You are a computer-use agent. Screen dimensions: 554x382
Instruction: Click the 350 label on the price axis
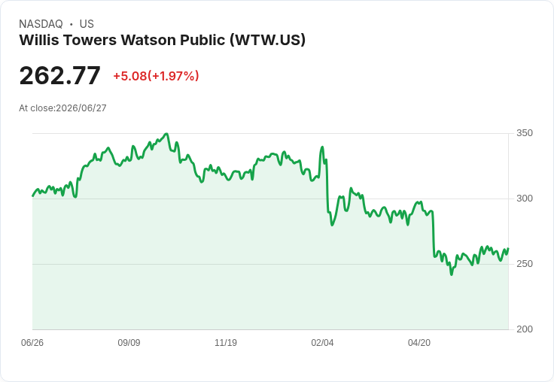click(x=525, y=133)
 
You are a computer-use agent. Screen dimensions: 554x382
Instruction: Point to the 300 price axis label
click(x=525, y=199)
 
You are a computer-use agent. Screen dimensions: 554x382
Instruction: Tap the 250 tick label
click(x=525, y=264)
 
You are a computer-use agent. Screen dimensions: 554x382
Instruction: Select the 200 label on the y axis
click(x=525, y=329)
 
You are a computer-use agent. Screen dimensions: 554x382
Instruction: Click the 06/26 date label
click(x=32, y=343)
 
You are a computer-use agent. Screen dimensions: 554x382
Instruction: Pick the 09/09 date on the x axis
click(x=129, y=343)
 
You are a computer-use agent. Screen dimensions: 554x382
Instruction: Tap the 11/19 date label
click(x=226, y=343)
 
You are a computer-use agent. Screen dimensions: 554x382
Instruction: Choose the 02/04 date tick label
click(x=322, y=343)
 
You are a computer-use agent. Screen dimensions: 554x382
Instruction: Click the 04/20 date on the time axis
click(x=419, y=343)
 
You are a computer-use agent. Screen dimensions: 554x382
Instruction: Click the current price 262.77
click(x=59, y=76)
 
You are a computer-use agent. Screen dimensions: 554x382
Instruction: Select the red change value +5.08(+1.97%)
click(x=156, y=76)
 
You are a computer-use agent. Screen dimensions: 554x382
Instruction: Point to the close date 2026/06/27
click(x=81, y=108)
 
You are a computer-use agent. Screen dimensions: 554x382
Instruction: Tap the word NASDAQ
click(x=41, y=24)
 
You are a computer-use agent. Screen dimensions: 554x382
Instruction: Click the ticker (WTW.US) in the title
click(x=267, y=40)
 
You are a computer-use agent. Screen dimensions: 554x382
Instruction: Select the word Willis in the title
click(x=39, y=40)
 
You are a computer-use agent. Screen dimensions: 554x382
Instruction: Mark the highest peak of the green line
click(x=167, y=134)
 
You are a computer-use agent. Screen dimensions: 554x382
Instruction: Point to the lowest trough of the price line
click(x=452, y=274)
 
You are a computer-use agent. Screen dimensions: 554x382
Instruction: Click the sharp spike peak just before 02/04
click(x=322, y=147)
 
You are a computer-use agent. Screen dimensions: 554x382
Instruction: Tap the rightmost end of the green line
click(x=508, y=249)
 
